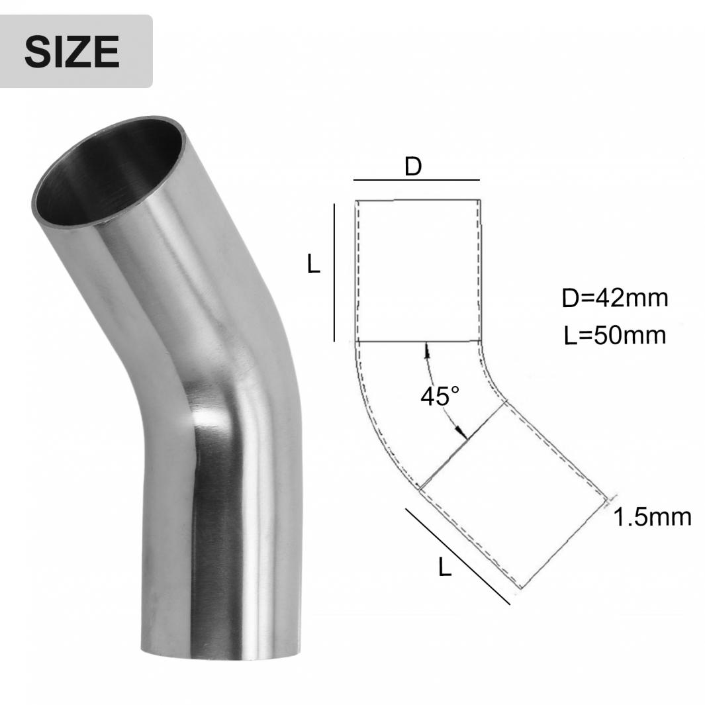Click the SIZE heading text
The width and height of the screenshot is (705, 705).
(72, 51)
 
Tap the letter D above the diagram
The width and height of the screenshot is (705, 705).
(413, 166)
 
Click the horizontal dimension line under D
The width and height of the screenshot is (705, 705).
(416, 180)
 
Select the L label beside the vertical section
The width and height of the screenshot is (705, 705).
(313, 264)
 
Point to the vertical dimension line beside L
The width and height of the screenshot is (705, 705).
(334, 273)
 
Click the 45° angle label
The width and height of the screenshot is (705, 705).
(440, 396)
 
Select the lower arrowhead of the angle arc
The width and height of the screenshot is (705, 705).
(462, 432)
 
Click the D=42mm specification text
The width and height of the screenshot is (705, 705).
(614, 298)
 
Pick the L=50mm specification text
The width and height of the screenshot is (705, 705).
(614, 336)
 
